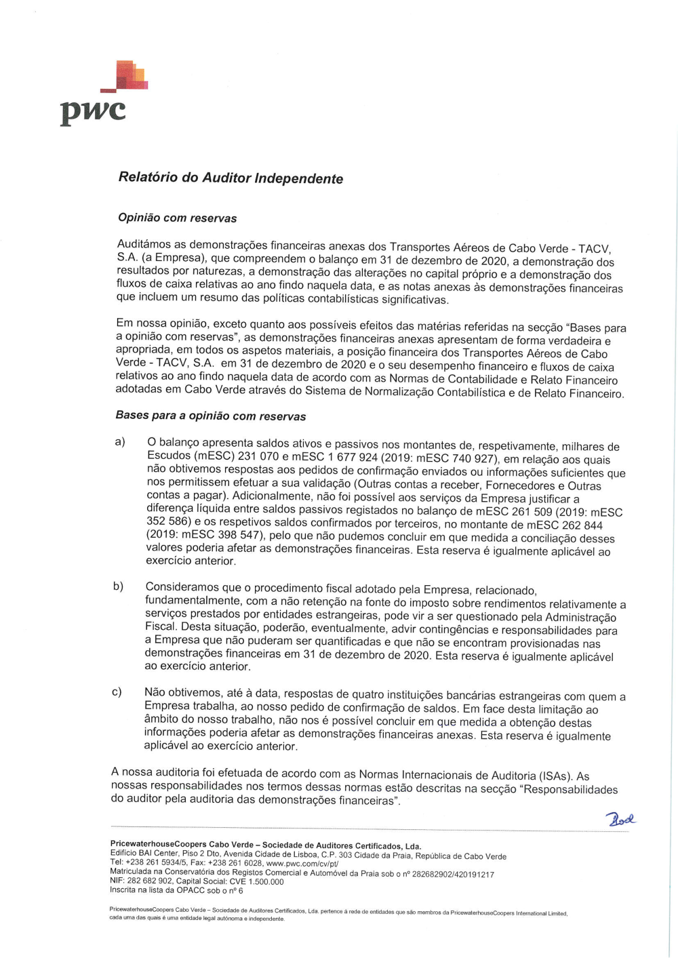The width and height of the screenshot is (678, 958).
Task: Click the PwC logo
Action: point(102,94)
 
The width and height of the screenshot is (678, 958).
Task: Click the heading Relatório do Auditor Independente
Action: point(231,178)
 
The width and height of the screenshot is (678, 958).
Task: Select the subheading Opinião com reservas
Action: point(177,218)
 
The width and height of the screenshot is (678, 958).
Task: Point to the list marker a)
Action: point(120,442)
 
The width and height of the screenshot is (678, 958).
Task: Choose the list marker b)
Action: point(118,586)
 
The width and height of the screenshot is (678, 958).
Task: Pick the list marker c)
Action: point(117,692)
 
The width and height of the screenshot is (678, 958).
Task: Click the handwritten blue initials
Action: point(620,819)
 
